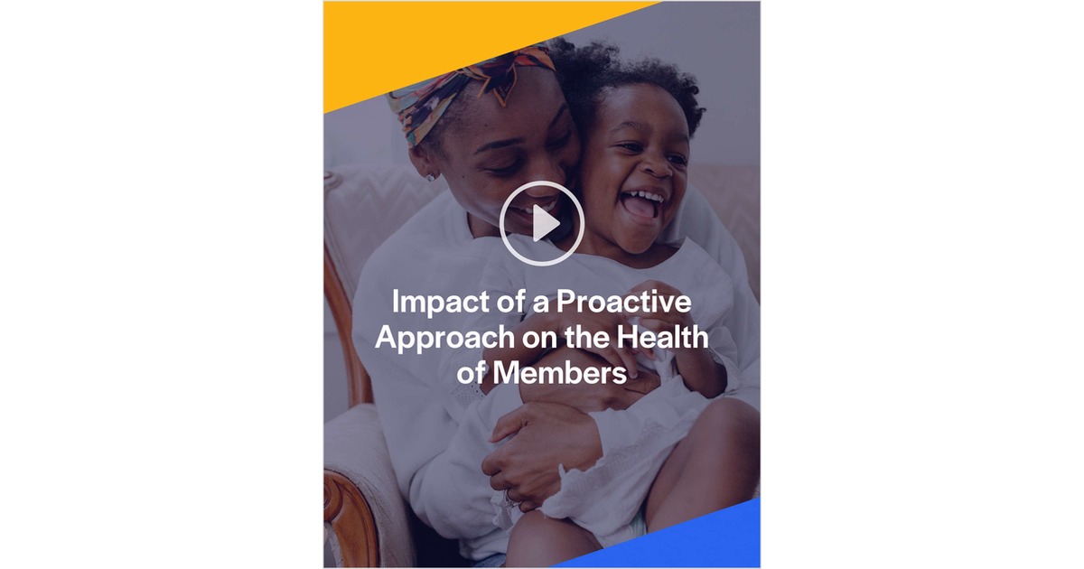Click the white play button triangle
click(x=545, y=223)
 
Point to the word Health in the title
click(x=664, y=339)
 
